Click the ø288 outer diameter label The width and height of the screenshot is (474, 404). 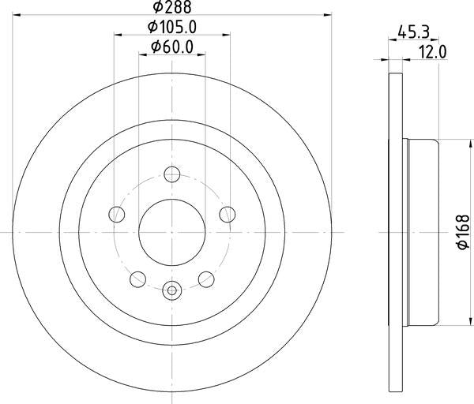click(x=172, y=7)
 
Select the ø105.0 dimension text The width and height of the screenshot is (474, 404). click(x=172, y=27)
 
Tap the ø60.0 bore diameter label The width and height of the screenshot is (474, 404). click(x=172, y=47)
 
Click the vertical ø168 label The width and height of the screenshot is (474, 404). click(x=462, y=233)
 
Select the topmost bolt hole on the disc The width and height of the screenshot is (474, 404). click(x=172, y=174)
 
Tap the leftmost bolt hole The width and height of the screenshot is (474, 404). click(x=117, y=214)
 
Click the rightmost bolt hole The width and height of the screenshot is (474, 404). click(x=228, y=214)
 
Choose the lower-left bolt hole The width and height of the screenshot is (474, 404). click(x=137, y=278)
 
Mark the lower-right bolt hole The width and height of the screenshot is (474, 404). click(x=206, y=278)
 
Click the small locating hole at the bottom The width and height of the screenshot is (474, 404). click(x=172, y=290)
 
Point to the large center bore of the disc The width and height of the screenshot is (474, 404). click(x=172, y=232)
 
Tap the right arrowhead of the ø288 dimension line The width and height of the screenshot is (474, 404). click(x=325, y=15)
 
